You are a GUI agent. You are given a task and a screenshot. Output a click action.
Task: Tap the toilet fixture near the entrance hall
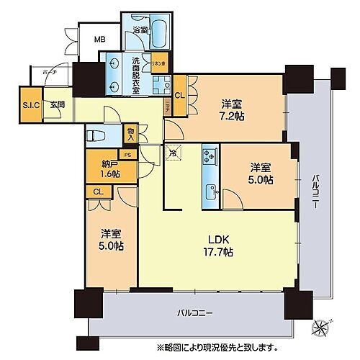coord(95,135)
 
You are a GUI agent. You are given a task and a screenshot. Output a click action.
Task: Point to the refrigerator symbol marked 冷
coord(173,152)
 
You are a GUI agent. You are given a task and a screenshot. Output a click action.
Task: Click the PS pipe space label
coord(127,154)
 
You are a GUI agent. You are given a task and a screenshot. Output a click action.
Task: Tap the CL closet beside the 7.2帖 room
coord(180,94)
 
